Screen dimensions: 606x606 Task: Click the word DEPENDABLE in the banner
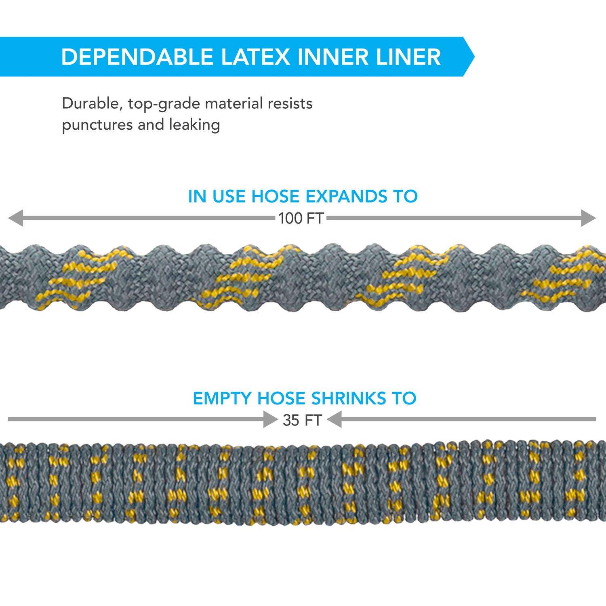[137, 57]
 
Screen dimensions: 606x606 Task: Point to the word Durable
[93, 103]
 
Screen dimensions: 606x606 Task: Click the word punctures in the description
[97, 125]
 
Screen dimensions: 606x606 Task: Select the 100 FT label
[301, 219]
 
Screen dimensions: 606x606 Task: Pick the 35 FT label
[302, 421]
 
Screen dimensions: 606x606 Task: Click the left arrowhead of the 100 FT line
[15, 218]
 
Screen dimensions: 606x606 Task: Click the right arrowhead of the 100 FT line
[589, 218]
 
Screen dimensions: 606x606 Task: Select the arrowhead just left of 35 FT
[270, 419]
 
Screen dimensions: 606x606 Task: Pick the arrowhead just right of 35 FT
[335, 419]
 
